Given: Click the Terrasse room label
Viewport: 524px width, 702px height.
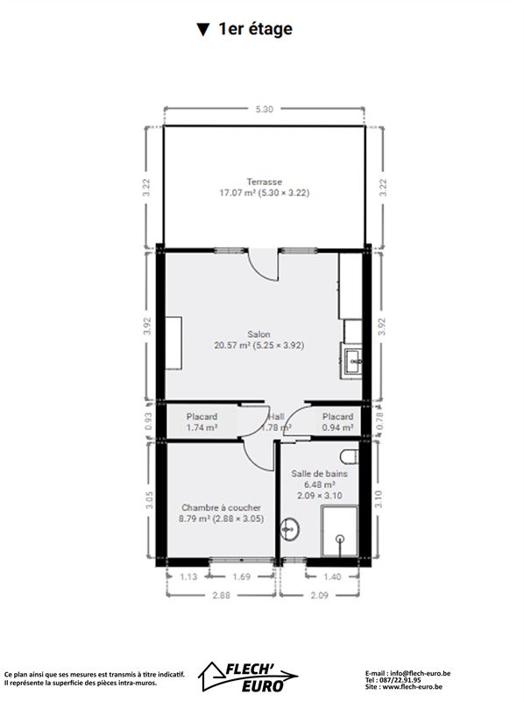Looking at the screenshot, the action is click(x=265, y=182).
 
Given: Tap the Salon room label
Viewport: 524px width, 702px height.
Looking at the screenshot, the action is click(x=258, y=334).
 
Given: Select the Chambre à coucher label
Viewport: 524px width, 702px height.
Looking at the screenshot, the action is click(x=221, y=508).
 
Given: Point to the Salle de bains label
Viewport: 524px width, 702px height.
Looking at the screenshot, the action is click(x=319, y=473).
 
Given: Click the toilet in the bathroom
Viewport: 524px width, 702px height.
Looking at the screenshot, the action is click(x=350, y=457).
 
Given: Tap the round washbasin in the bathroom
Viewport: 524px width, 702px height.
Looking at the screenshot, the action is click(x=289, y=530).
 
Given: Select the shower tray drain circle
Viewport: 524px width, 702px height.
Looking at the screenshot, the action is click(x=341, y=539).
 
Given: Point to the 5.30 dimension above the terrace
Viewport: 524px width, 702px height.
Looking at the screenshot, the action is click(x=264, y=109).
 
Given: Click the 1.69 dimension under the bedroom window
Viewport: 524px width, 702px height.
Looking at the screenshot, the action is click(x=242, y=577).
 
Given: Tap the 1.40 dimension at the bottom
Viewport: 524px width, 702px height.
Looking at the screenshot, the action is click(x=332, y=577).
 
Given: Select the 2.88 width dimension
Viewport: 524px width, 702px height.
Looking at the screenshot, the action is click(x=221, y=595).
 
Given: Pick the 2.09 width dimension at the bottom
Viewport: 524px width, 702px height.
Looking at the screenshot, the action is click(x=319, y=595).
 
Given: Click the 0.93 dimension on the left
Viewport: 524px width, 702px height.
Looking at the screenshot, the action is click(x=149, y=421).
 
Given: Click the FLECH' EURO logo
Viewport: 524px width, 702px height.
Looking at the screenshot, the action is click(x=249, y=676).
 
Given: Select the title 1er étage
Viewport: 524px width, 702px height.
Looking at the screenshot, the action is click(x=255, y=29).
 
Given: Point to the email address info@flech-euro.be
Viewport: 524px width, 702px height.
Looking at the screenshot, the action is click(x=420, y=673).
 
